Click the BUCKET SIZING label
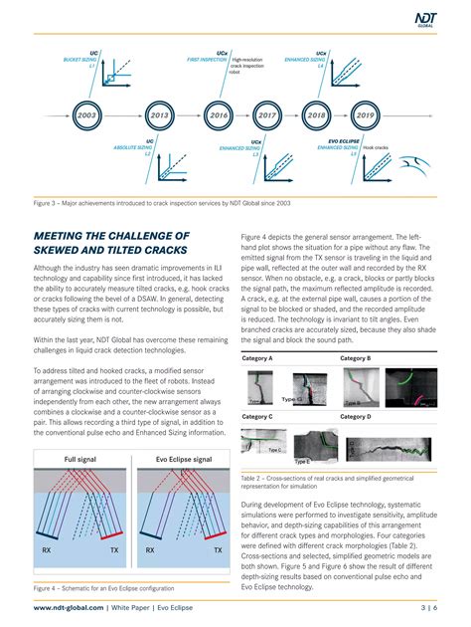80,59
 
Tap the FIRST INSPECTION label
207,59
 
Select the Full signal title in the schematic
82,460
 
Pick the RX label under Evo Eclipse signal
150,548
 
